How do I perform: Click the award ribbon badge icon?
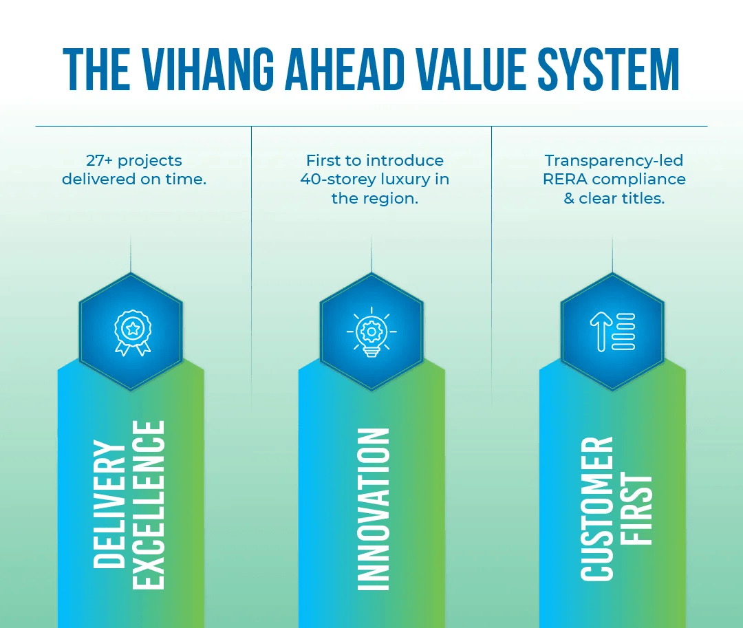pos(131,332)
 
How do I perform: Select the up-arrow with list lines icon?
pos(612,332)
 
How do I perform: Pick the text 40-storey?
pos(333,180)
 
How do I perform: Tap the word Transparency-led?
pos(614,161)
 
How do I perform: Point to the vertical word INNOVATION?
pos(374,509)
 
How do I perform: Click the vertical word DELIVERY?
pos(110,504)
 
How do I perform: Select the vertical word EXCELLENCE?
pos(149,504)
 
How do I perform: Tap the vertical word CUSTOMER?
pos(596,508)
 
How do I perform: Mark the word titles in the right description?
pos(643,199)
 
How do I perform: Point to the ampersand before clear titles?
pos(569,199)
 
